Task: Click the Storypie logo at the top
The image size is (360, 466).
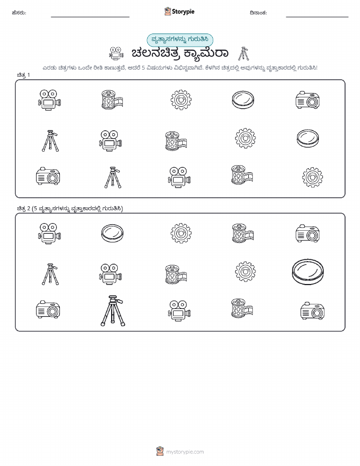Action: click(179, 12)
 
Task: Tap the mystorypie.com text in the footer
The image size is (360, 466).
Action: click(185, 452)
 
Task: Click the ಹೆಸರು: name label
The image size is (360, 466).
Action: click(19, 13)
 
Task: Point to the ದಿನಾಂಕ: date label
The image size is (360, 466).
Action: click(258, 13)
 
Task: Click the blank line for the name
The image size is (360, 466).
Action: click(90, 17)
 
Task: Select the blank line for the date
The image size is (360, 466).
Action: click(317, 17)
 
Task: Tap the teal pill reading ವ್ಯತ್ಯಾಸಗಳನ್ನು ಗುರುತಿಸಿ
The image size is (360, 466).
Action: click(180, 40)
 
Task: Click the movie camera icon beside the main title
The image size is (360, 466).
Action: click(116, 53)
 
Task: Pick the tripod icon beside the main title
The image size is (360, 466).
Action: click(244, 53)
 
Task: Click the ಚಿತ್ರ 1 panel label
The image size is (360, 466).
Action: click(23, 75)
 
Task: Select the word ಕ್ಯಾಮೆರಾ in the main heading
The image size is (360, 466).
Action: click(206, 53)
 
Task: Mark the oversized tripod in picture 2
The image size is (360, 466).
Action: click(113, 310)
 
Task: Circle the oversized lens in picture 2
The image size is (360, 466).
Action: click(308, 272)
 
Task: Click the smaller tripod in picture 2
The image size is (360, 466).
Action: click(50, 274)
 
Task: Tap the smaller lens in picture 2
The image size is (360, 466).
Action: click(112, 233)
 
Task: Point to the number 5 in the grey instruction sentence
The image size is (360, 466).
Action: click(143, 68)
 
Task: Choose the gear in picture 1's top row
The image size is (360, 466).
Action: click(181, 100)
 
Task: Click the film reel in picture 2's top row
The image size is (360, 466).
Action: click(243, 233)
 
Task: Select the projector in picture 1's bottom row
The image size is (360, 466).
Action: click(48, 176)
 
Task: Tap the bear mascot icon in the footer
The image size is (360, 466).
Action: click(160, 451)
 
